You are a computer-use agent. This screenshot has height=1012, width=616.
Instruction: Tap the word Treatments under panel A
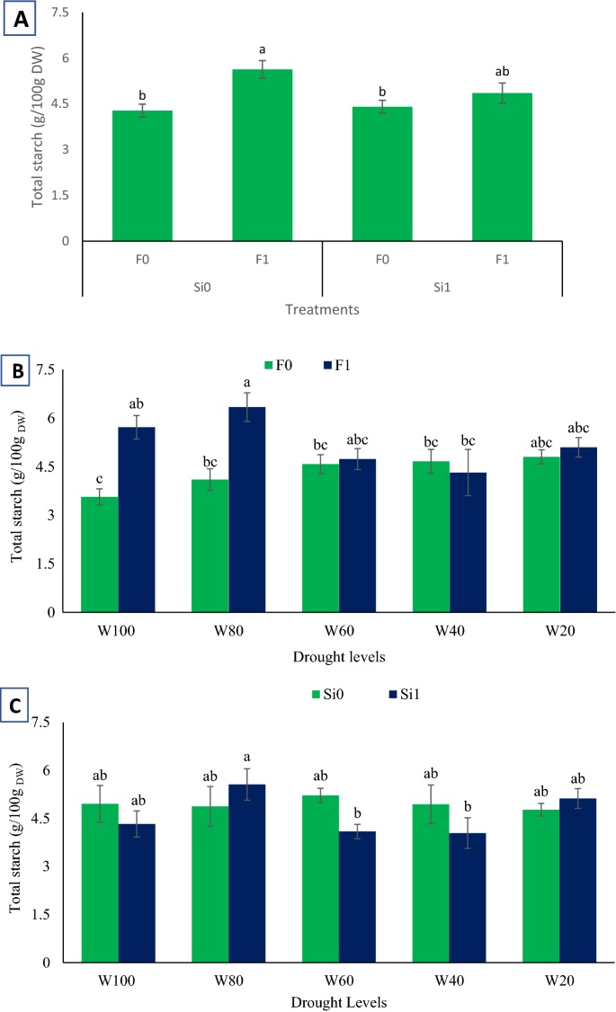pyautogui.click(x=323, y=310)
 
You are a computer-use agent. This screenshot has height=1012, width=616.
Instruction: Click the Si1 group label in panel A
pyautogui.click(x=442, y=283)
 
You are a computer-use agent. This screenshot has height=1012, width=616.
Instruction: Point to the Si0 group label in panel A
pyautogui.click(x=201, y=283)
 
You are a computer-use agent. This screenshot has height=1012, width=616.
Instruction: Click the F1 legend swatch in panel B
pyautogui.click(x=326, y=365)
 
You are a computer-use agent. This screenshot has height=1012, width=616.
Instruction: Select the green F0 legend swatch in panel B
pyautogui.click(x=268, y=365)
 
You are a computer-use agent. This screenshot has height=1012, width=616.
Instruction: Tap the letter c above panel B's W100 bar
pyautogui.click(x=100, y=477)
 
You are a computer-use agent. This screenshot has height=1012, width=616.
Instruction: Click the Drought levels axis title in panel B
pyautogui.click(x=340, y=656)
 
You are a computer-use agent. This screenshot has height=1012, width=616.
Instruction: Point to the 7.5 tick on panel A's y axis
pyautogui.click(x=58, y=13)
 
